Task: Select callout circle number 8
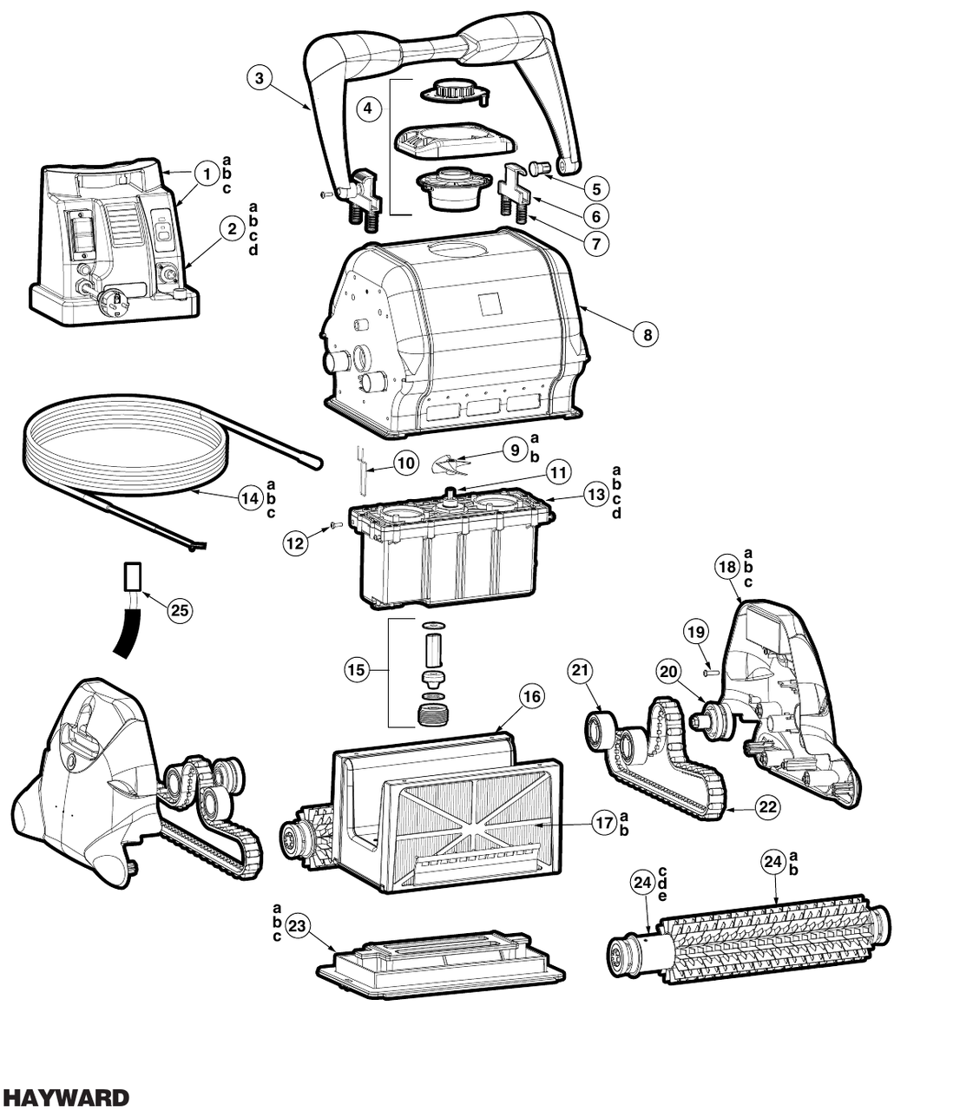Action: pyautogui.click(x=646, y=333)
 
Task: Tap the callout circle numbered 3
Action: pyautogui.click(x=260, y=77)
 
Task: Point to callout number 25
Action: pyautogui.click(x=179, y=610)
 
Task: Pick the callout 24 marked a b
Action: pyautogui.click(x=773, y=862)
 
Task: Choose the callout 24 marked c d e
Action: pyautogui.click(x=642, y=883)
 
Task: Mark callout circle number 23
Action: pyautogui.click(x=298, y=927)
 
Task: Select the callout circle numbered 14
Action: pyautogui.click(x=250, y=498)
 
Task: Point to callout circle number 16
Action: pyautogui.click(x=531, y=696)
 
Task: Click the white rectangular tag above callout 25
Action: pyautogui.click(x=133, y=575)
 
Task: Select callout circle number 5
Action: pyautogui.click(x=595, y=187)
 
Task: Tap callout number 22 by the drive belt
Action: pyautogui.click(x=767, y=806)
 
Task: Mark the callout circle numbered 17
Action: pyautogui.click(x=604, y=824)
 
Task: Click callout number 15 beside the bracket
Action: pyautogui.click(x=356, y=669)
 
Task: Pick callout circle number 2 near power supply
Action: pyautogui.click(x=232, y=228)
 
